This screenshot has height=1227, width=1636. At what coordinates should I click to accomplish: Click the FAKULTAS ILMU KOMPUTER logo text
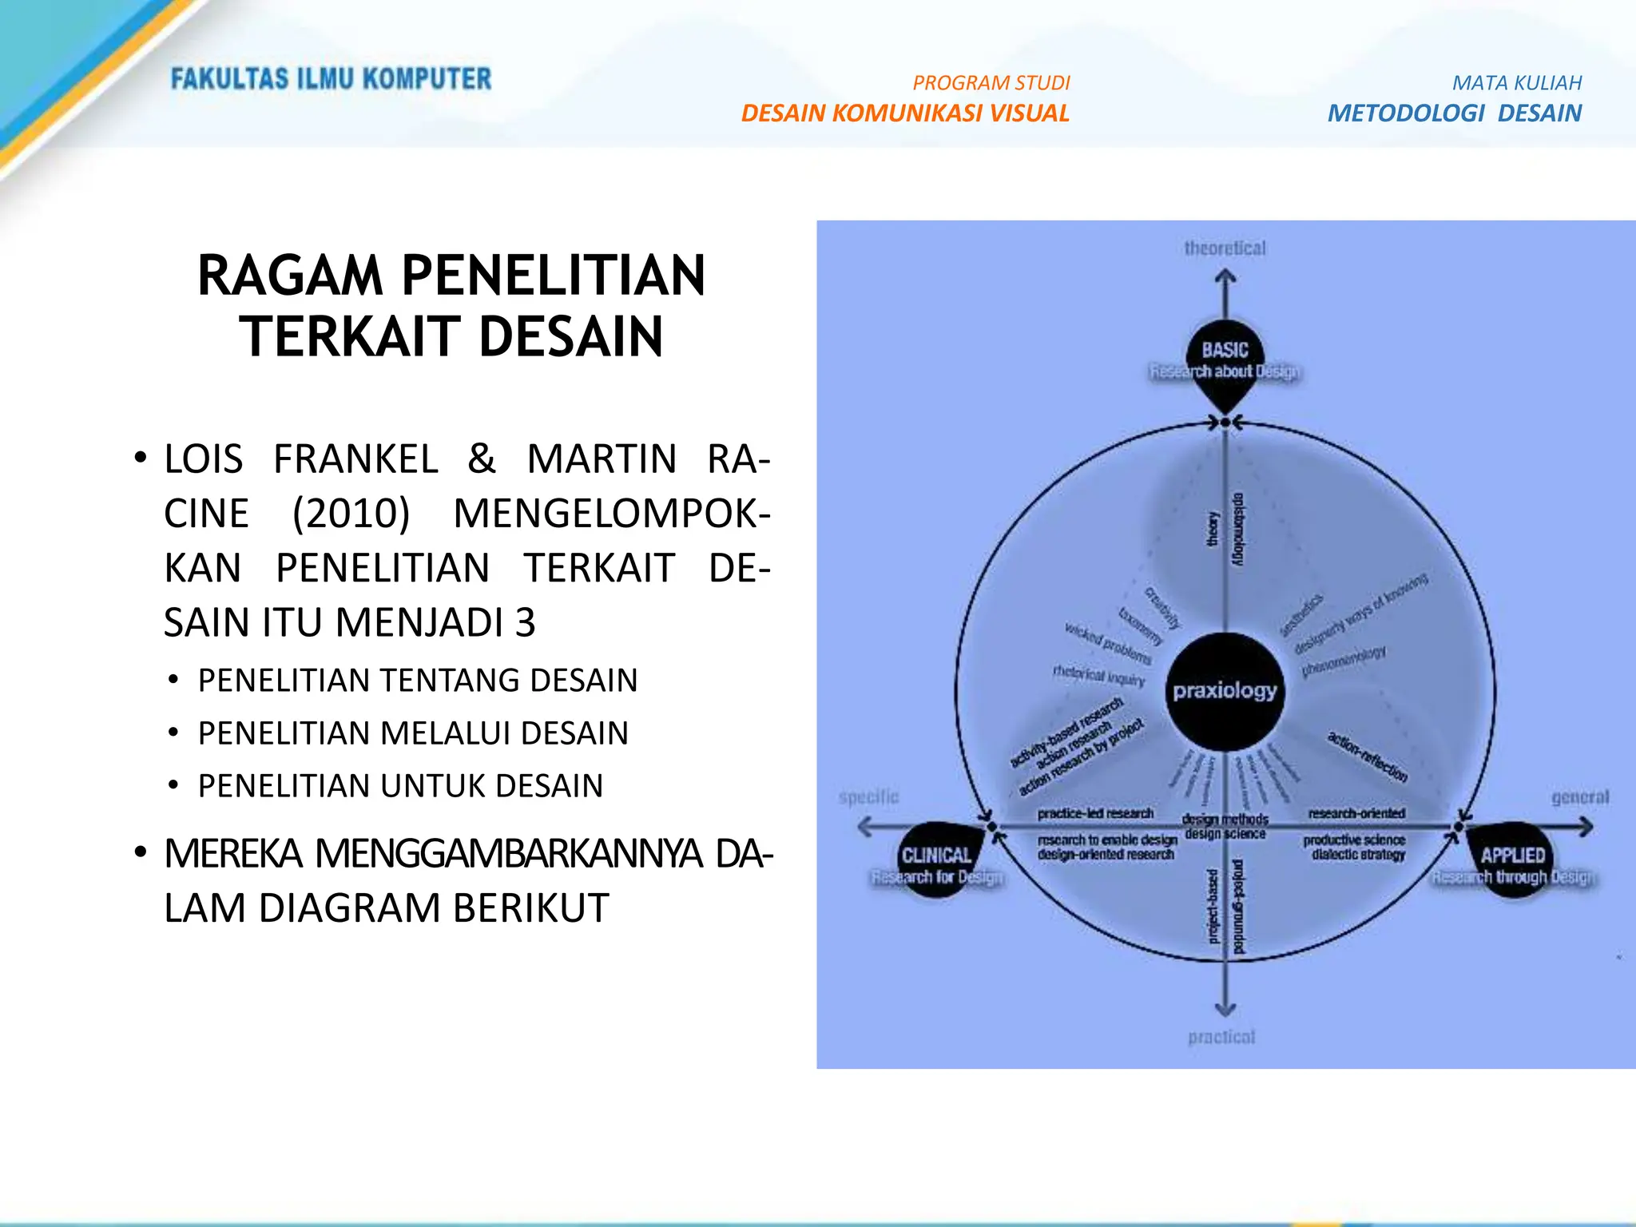pos(331,79)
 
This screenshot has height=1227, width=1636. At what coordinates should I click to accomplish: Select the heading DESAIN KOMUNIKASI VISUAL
pos(904,113)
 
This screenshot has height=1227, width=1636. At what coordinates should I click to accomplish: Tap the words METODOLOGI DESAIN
pos(1454,113)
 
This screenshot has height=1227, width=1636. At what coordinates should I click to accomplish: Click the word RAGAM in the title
pos(290,276)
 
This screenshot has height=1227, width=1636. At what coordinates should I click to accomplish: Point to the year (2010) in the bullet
pos(351,514)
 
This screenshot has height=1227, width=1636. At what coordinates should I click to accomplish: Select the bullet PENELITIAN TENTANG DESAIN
pos(417,681)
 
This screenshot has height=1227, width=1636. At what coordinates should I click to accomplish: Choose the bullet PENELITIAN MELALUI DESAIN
pos(412,733)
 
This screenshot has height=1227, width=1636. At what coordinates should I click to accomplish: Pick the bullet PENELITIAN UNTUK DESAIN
pos(400,786)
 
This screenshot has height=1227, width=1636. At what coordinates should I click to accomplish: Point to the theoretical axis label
pos(1225,248)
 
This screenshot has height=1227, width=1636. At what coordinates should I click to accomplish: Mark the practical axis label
pos(1221,1037)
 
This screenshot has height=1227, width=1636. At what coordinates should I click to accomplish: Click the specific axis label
pos(868,797)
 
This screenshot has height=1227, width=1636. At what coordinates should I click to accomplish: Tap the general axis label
pos(1580,797)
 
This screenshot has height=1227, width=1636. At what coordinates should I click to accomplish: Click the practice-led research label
pos(1095,813)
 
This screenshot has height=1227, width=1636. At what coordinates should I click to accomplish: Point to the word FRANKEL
pos(355,459)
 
